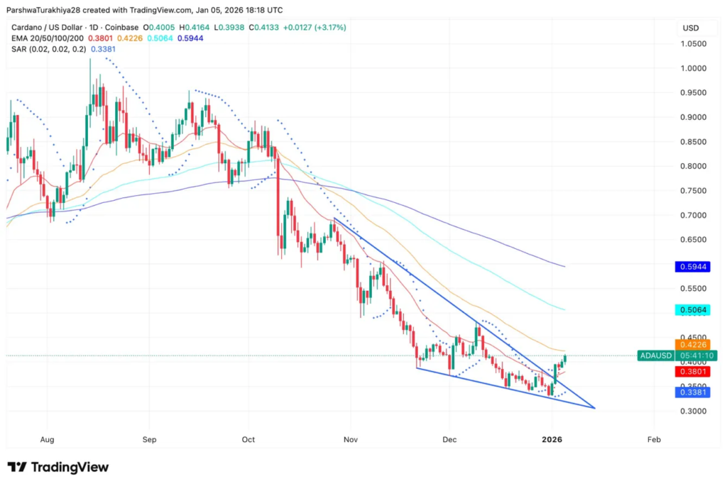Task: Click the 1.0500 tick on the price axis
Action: click(694, 44)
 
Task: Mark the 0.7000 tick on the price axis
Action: click(694, 215)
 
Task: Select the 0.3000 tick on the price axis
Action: click(694, 412)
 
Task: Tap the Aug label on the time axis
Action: click(48, 440)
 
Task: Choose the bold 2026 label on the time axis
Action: click(552, 440)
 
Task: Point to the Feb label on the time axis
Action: click(654, 440)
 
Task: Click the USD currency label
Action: click(690, 28)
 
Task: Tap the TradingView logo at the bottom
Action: click(58, 467)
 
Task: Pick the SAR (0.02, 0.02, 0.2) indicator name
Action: click(48, 48)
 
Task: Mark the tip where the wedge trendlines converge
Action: click(594, 408)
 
